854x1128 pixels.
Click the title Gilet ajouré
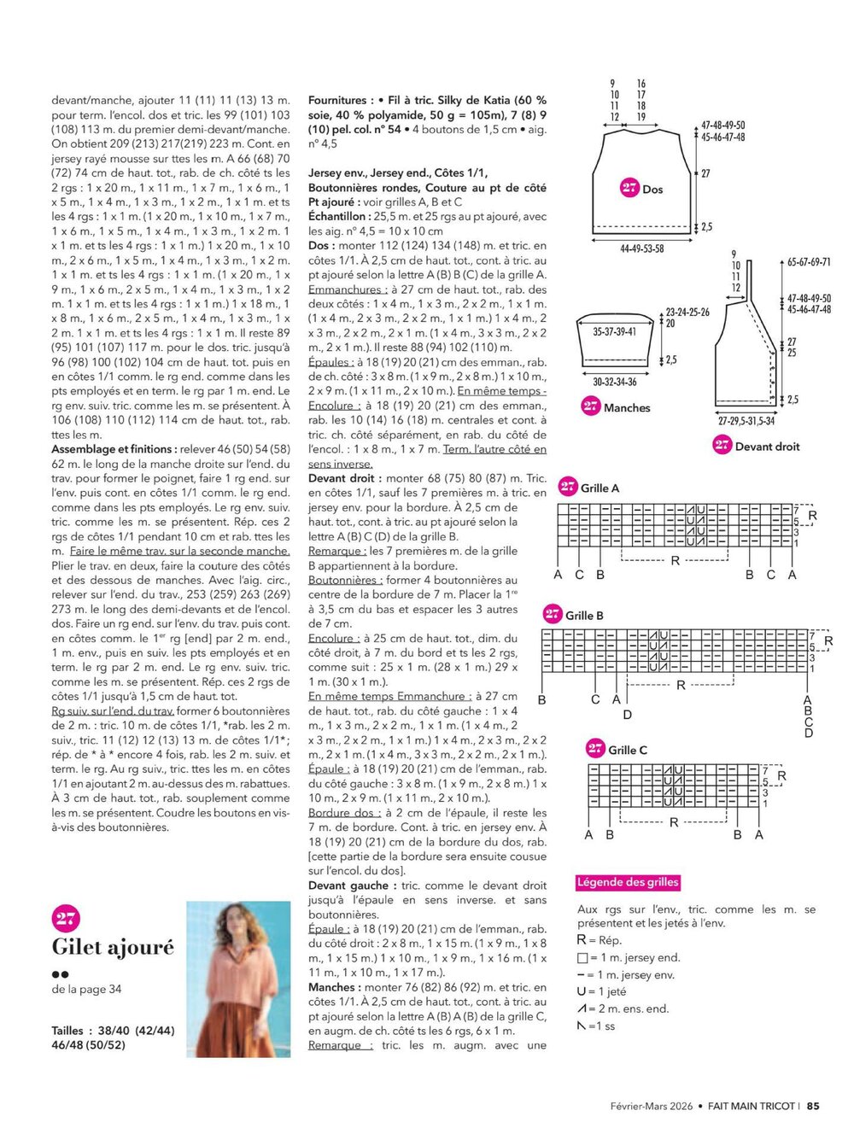(x=113, y=947)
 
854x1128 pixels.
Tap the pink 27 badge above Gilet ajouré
(x=66, y=918)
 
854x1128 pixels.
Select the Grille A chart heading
(x=600, y=488)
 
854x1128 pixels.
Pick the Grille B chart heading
(x=584, y=615)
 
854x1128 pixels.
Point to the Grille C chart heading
(x=627, y=750)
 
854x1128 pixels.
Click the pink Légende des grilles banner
(x=628, y=882)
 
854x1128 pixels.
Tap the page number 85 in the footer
(x=813, y=1105)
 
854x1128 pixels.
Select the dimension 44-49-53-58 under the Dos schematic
(x=641, y=248)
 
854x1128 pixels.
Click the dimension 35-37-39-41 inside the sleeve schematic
(x=614, y=331)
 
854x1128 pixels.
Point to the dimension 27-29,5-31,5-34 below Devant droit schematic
(x=746, y=421)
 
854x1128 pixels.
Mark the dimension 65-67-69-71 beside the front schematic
(x=809, y=262)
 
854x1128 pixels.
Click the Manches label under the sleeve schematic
(x=627, y=407)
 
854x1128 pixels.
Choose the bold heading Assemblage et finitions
(x=114, y=449)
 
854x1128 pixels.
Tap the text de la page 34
(x=86, y=989)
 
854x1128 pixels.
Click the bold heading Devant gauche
(x=348, y=885)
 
